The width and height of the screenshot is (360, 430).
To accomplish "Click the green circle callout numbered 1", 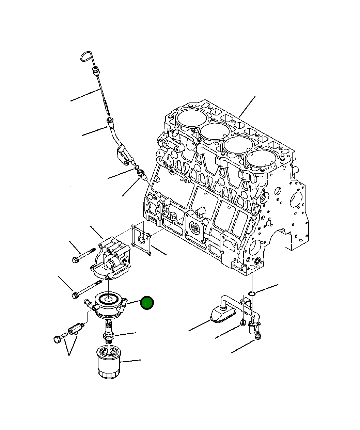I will click(147, 303).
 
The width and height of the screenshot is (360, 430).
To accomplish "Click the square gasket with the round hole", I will click(141, 239).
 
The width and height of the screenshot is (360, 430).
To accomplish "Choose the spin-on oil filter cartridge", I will click(108, 362).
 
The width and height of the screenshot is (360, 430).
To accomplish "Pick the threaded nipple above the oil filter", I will click(108, 332).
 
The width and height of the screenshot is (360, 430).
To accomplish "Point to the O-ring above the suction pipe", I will click(251, 293).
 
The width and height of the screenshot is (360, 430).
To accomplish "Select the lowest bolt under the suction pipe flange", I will click(258, 336).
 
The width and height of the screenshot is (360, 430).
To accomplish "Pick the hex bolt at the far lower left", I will click(58, 339).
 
